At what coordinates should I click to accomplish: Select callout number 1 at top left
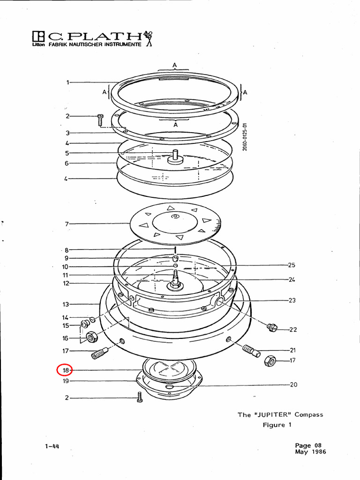tap(68, 82)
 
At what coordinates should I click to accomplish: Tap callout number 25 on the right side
tap(292, 265)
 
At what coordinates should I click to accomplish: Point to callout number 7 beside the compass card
tap(67, 224)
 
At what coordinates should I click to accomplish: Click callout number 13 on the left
tap(66, 304)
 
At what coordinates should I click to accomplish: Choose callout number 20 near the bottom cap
tap(293, 385)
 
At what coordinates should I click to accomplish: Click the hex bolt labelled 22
tap(271, 327)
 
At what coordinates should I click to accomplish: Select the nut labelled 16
tap(91, 336)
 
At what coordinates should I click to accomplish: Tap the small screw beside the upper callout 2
tap(100, 119)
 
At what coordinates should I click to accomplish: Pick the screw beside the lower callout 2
tap(139, 397)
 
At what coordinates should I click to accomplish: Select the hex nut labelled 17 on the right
tap(270, 360)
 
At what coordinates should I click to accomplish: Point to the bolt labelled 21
tap(251, 351)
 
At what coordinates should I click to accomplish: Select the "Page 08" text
tap(308, 445)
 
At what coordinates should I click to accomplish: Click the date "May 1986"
tap(310, 452)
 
